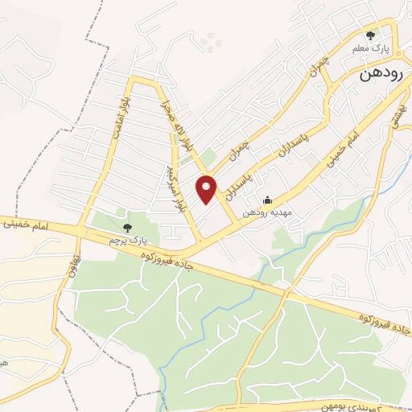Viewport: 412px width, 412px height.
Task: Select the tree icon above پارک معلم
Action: (370, 35)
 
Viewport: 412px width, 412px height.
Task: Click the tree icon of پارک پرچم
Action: (127, 229)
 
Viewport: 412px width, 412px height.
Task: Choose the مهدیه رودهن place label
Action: (269, 212)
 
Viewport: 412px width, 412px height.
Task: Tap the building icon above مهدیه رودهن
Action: (268, 200)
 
